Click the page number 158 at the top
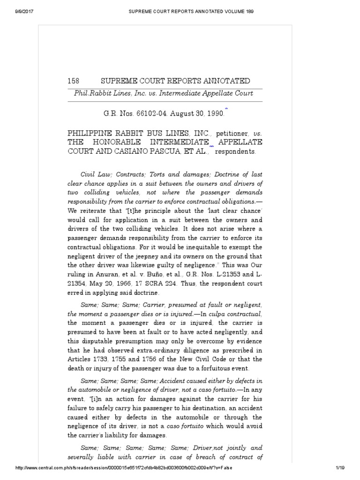tap(74, 81)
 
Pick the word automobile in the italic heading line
tap(96, 389)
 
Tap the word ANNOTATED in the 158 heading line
tap(220, 81)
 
